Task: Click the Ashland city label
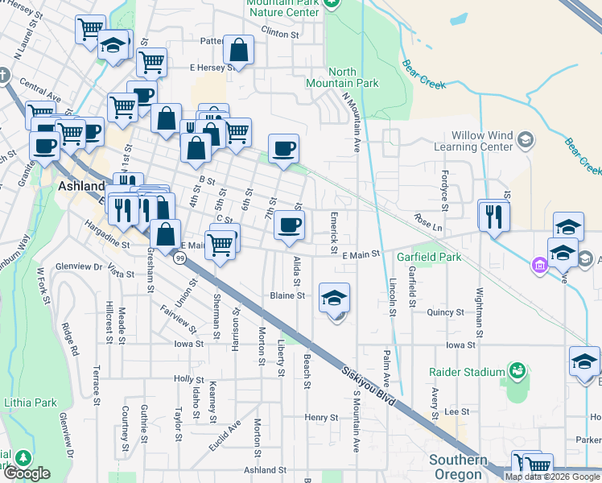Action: click(81, 186)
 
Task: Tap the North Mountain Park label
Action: click(342, 77)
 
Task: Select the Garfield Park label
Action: click(429, 258)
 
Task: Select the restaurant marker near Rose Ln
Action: click(494, 216)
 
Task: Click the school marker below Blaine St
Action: click(335, 298)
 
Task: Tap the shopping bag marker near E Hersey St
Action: click(239, 50)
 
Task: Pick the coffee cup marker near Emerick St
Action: click(289, 225)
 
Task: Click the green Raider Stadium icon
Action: click(517, 371)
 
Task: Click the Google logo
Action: click(27, 473)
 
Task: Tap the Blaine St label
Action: click(287, 295)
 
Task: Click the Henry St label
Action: click(321, 418)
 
